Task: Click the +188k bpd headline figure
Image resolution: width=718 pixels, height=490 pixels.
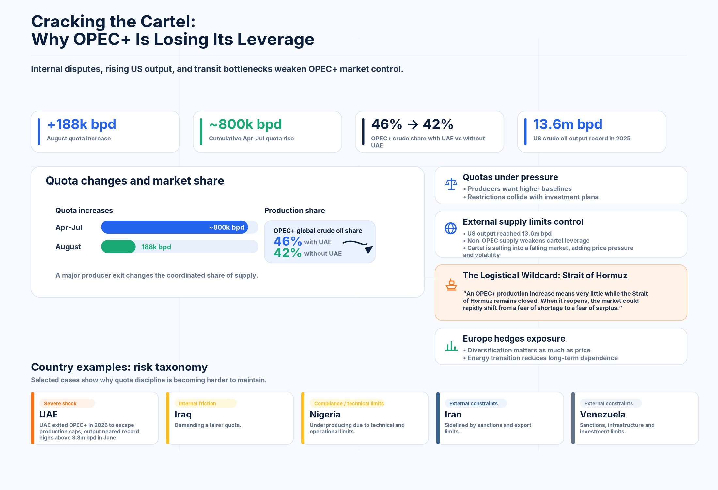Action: [82, 124]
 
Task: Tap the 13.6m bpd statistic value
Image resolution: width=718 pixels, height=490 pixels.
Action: [568, 124]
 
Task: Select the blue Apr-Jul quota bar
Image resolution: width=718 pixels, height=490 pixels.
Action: [175, 227]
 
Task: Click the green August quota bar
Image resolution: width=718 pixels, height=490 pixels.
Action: [118, 247]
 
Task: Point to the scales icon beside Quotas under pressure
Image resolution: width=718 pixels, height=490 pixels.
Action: [451, 184]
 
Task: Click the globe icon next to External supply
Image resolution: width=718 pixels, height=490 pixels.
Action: [451, 228]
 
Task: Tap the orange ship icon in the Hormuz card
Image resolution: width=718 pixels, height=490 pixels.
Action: [451, 285]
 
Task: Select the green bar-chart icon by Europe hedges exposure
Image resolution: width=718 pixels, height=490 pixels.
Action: [451, 346]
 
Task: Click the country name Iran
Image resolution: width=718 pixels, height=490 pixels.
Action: [453, 414]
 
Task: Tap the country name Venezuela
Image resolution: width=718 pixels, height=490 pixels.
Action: [602, 414]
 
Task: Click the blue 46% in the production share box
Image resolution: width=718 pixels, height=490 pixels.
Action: [288, 241]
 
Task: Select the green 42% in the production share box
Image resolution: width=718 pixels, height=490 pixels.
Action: [288, 253]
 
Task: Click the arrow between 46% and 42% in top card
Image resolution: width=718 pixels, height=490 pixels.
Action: [413, 124]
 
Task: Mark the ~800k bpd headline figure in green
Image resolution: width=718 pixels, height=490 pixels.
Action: [245, 124]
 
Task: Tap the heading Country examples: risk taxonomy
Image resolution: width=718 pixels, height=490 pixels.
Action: [119, 367]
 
